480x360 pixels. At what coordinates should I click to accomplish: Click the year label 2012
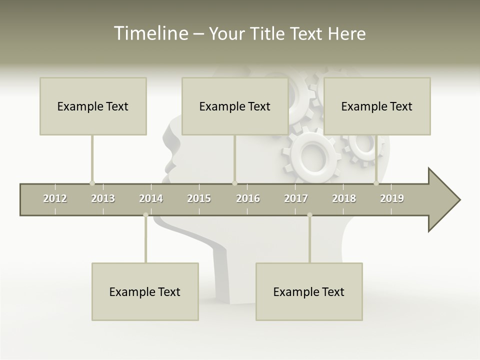tap(55, 198)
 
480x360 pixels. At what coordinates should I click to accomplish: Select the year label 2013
tap(103, 198)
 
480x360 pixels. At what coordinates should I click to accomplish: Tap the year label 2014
tap(151, 198)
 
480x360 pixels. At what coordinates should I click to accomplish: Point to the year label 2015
tap(199, 198)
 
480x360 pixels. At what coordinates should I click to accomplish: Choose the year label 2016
tap(248, 198)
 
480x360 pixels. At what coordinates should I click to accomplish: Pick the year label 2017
tap(296, 198)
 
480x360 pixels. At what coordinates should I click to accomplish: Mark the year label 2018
tap(344, 198)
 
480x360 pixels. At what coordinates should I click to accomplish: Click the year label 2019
tap(392, 198)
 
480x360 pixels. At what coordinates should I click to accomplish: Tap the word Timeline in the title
tap(149, 33)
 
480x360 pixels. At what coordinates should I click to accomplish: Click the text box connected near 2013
tap(93, 106)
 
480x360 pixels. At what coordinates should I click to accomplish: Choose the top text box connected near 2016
tap(235, 106)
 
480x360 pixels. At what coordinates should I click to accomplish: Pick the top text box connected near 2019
tap(377, 106)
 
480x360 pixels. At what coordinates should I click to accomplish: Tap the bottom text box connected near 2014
tap(145, 291)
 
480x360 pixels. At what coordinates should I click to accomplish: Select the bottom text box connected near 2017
tap(309, 291)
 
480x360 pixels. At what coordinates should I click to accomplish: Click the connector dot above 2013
tap(92, 183)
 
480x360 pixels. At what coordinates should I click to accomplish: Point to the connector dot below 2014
tap(145, 215)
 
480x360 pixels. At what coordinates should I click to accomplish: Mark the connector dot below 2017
tap(309, 215)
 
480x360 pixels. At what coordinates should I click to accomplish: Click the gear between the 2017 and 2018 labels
tap(313, 155)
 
